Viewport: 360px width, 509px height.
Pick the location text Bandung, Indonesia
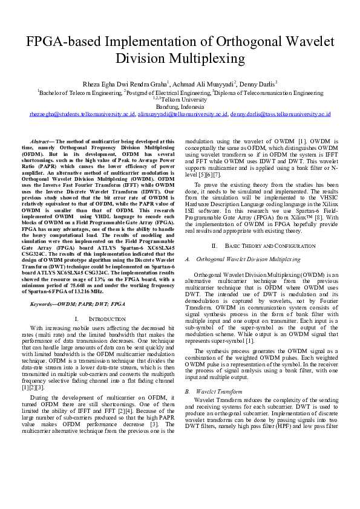pos(180,106)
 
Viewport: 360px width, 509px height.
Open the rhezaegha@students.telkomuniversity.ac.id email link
pos(82,114)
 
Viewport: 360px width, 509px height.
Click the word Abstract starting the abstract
pos(42,140)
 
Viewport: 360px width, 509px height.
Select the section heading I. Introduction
pos(91,318)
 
